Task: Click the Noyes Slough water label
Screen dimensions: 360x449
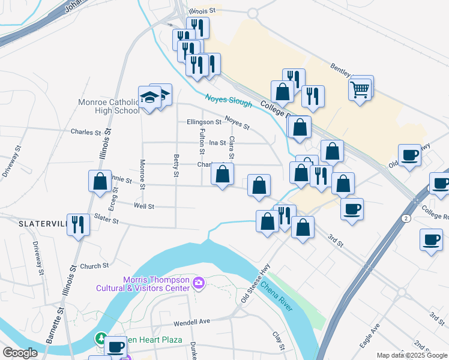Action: [x=228, y=101]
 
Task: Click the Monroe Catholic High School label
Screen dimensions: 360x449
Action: [x=109, y=106]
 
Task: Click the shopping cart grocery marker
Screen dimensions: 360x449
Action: [x=360, y=89]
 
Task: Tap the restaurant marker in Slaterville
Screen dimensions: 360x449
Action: [x=78, y=225]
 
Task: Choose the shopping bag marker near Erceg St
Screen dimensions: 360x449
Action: [x=100, y=181]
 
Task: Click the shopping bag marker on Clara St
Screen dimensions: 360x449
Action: [x=223, y=175]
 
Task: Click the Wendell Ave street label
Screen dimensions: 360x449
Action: [x=193, y=322]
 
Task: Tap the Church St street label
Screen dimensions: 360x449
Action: [x=94, y=266]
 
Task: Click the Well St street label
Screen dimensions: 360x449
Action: [x=144, y=206]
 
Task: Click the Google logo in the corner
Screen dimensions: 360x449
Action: [x=20, y=353]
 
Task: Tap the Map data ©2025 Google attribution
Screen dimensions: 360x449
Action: [x=411, y=355]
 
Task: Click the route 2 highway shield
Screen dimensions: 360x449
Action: [x=406, y=219]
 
